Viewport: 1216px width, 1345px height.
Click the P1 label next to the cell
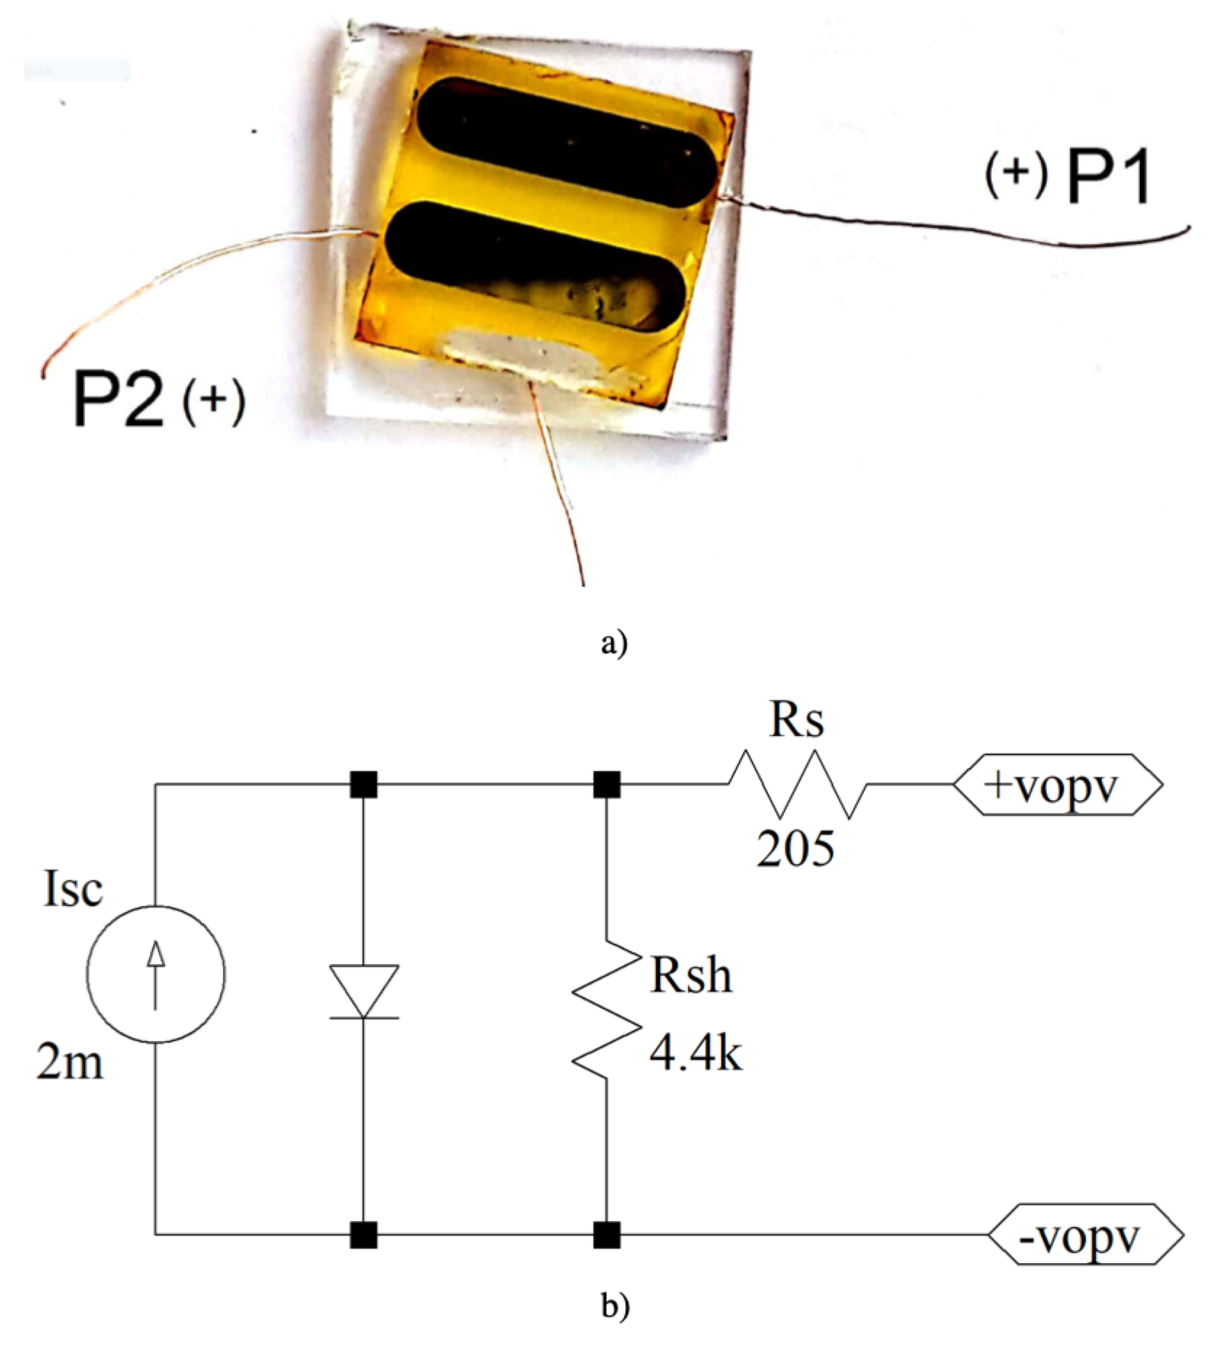coord(1108,179)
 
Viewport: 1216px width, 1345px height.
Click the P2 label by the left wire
coord(118,398)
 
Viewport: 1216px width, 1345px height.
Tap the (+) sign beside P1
coord(1016,176)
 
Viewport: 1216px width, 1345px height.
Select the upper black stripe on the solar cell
coord(566,142)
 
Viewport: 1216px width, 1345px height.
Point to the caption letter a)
coord(613,642)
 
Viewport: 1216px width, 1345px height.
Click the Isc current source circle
coord(155,974)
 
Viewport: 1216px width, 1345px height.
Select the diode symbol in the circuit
coord(363,992)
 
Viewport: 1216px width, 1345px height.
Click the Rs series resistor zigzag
coord(797,784)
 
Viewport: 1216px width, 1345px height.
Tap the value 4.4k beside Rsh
coord(695,1054)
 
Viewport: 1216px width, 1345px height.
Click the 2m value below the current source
coord(70,1064)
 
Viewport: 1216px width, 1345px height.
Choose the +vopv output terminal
coord(1056,785)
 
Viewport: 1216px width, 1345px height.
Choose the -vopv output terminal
coord(1085,1235)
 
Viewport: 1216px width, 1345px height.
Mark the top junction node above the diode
coord(363,785)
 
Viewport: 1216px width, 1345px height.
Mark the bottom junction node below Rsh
coord(606,1235)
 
